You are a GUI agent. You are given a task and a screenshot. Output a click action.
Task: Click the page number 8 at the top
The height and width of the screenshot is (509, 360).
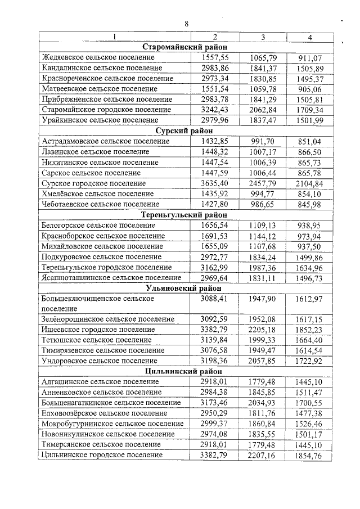coord(187,23)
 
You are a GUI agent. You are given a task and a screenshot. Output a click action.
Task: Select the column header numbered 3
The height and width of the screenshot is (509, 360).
coord(263,37)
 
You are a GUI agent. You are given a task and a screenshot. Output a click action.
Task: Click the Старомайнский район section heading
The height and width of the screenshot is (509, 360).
coord(184,47)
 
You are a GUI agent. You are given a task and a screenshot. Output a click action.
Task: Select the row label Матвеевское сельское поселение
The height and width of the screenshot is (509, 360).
coord(100,89)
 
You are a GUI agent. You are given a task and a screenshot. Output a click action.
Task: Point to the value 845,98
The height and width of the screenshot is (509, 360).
coord(310,204)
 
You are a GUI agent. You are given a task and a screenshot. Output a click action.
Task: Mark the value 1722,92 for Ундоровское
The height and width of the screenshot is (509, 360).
coord(310,361)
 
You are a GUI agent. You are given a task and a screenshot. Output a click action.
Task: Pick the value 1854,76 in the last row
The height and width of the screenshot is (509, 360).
coord(310,455)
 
